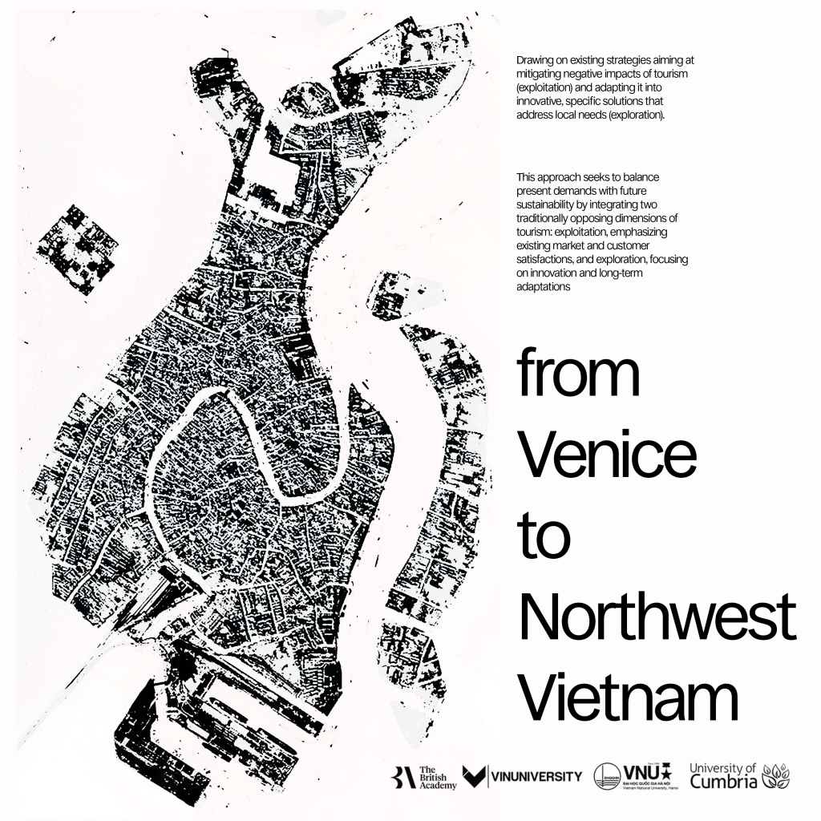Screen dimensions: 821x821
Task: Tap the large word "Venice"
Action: [x=607, y=453]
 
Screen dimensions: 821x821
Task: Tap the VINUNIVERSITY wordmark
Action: [x=523, y=776]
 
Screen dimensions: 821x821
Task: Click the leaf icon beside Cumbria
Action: [x=775, y=775]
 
